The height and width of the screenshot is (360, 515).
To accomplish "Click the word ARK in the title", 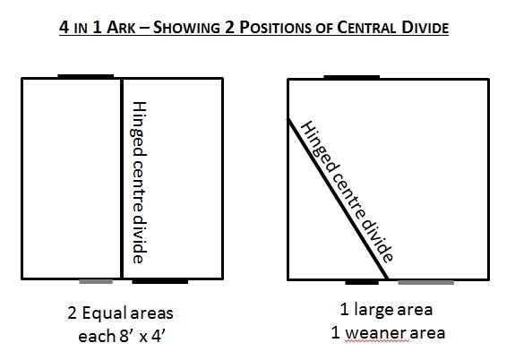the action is tap(121, 27).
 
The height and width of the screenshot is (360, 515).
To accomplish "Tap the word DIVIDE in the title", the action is tap(425, 27).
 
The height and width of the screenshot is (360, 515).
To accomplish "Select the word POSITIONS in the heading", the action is tap(275, 27).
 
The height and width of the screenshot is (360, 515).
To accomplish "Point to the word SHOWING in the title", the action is tap(186, 27).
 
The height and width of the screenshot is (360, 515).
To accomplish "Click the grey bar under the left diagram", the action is tap(96, 281).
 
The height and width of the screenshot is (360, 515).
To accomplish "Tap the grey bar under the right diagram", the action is tap(426, 282).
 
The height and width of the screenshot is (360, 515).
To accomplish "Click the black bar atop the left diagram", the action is tap(86, 76).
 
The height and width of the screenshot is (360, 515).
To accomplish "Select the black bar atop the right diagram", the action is tap(352, 77).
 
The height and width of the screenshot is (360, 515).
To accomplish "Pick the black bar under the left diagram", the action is tap(160, 281).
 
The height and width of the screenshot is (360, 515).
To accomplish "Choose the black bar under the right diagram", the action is tap(362, 282).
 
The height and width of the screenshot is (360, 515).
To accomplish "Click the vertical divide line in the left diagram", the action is tap(122, 178).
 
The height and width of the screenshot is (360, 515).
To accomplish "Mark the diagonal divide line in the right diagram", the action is tap(338, 199).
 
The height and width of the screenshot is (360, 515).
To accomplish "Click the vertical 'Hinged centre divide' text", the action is tap(139, 183).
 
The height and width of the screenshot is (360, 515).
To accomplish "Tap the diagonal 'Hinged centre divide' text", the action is tap(347, 192).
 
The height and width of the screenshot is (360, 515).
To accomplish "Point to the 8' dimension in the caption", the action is tap(125, 336).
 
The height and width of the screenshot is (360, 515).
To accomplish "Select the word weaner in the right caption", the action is tap(377, 333).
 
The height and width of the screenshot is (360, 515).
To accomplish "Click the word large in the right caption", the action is tap(372, 311).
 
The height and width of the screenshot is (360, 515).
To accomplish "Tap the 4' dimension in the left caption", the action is tap(158, 336).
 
